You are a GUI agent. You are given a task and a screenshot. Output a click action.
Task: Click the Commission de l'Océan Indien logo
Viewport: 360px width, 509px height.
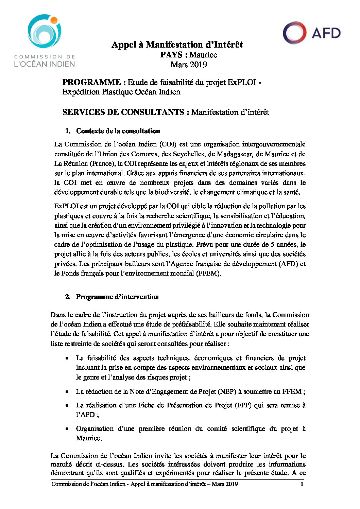(45, 40)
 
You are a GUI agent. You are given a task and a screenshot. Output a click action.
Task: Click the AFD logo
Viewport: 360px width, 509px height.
(312, 33)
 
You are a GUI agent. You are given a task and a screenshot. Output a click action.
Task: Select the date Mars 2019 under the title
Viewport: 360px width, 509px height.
(189, 65)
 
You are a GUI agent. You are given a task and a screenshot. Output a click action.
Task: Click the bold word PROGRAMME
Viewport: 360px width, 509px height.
(91, 82)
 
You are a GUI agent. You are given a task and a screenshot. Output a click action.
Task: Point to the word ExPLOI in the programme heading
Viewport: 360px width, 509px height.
(242, 82)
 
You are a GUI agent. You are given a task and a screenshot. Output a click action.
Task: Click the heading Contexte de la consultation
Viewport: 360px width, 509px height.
(118, 131)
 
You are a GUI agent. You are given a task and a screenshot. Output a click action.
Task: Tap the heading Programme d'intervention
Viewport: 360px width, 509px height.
(117, 297)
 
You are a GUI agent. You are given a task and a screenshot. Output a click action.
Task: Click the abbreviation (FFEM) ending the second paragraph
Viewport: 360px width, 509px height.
(208, 273)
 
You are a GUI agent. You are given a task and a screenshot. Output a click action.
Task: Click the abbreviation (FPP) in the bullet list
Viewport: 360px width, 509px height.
(243, 405)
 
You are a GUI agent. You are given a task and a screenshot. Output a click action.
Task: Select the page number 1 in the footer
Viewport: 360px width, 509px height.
(302, 484)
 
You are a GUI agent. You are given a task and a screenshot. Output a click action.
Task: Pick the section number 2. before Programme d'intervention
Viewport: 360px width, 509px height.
(68, 297)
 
